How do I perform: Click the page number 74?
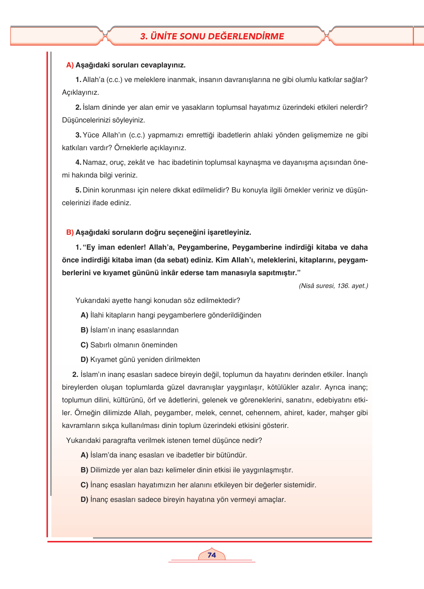click(x=211, y=555)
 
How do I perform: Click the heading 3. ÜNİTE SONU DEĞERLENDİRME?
click(x=212, y=36)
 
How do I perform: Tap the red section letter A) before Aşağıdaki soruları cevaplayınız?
click(x=70, y=65)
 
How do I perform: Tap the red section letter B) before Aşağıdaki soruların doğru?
click(x=70, y=232)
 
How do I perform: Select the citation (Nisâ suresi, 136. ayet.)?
click(x=333, y=286)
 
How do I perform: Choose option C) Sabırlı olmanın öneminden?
click(x=129, y=345)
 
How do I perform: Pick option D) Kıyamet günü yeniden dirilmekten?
click(x=140, y=360)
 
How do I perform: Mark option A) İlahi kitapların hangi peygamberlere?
click(x=171, y=315)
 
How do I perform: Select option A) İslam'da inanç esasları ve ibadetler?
click(x=164, y=455)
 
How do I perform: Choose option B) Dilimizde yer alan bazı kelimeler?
click(x=187, y=470)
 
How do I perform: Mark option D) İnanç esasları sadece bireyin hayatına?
click(x=183, y=500)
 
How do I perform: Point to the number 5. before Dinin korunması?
click(x=78, y=190)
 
